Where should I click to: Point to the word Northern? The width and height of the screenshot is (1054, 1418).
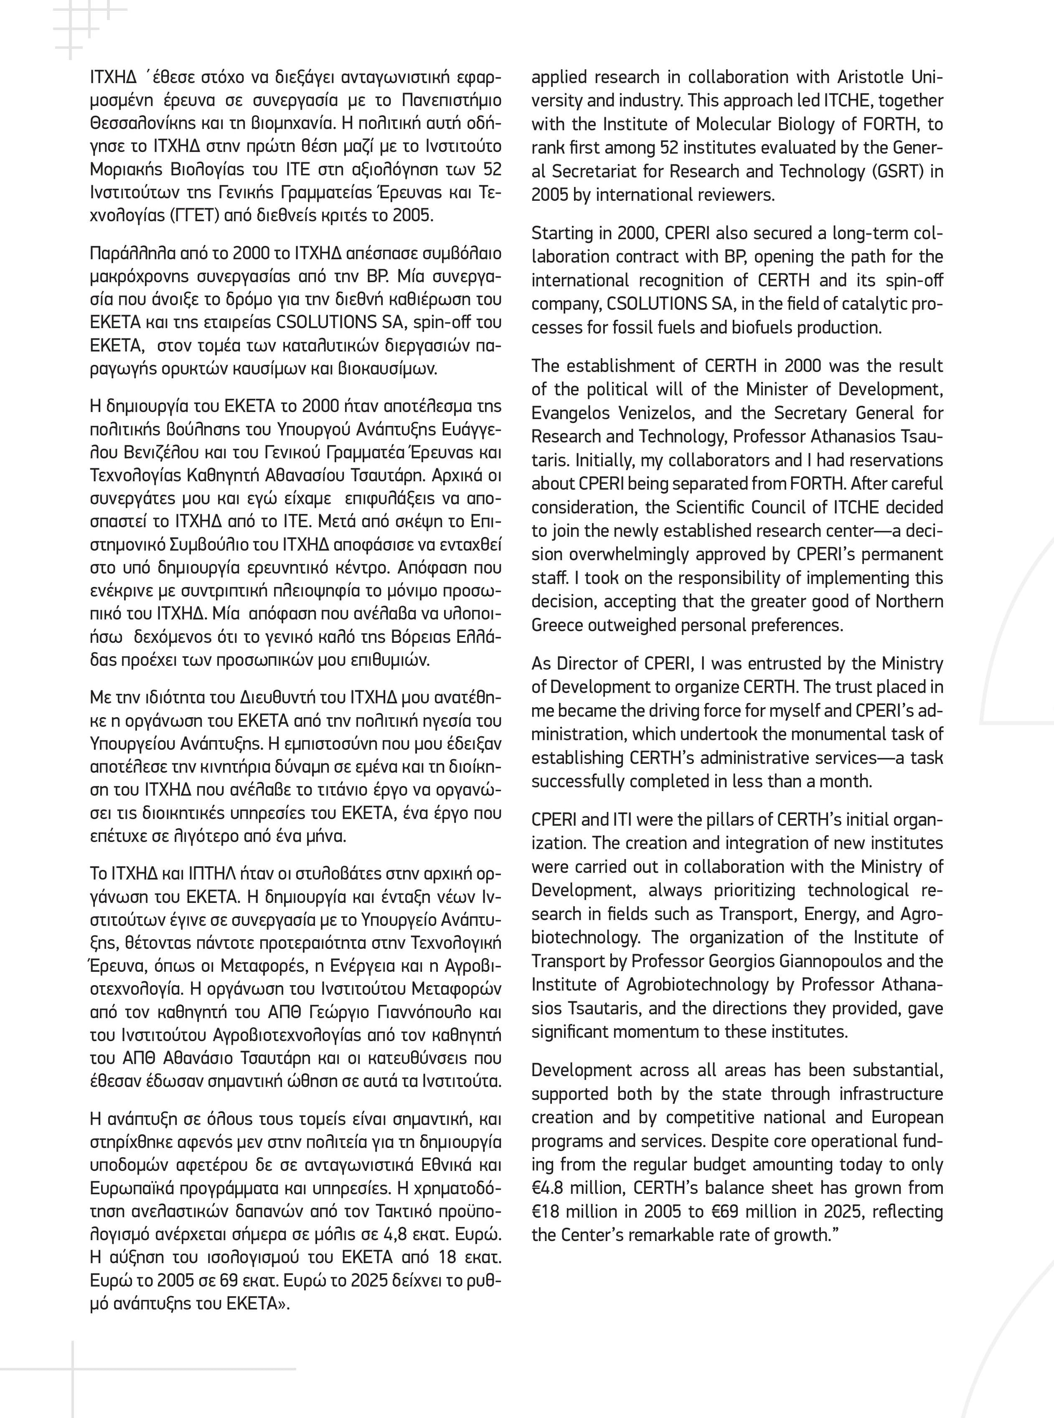[909, 601]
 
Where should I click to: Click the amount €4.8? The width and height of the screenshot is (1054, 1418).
[552, 1188]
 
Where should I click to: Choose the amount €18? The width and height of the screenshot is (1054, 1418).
[547, 1211]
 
